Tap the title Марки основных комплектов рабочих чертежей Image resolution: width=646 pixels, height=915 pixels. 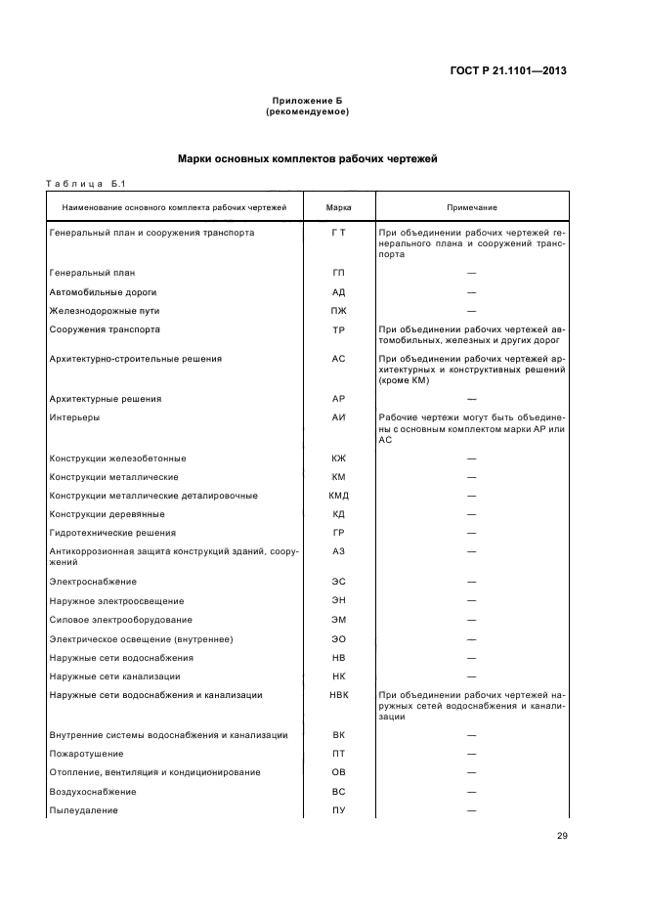click(x=307, y=157)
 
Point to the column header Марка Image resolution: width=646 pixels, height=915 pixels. click(x=338, y=207)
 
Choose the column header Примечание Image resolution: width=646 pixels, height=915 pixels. click(x=472, y=207)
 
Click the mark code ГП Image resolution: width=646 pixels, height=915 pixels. click(x=338, y=273)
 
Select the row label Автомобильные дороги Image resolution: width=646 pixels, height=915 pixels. click(x=103, y=291)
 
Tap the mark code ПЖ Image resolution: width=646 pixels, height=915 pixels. click(x=338, y=311)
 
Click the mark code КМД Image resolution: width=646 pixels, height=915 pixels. click(x=338, y=496)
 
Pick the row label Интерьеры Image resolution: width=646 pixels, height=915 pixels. click(x=74, y=417)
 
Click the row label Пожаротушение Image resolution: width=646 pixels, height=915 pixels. click(x=86, y=754)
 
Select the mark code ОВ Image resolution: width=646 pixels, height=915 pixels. click(x=338, y=772)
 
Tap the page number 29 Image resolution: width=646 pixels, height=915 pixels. click(x=562, y=835)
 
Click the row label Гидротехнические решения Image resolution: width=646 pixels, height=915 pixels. click(x=112, y=533)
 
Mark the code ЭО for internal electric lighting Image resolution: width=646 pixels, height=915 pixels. click(x=338, y=638)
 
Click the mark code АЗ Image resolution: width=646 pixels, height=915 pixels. click(x=338, y=552)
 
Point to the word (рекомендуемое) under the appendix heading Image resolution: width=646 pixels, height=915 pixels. click(x=307, y=112)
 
